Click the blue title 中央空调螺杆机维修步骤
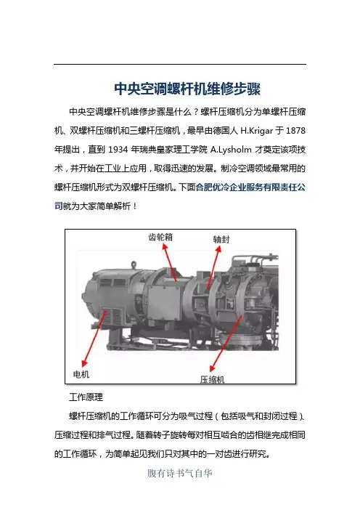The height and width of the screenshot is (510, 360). pos(187,89)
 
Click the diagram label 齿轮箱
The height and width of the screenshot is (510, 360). pos(160,237)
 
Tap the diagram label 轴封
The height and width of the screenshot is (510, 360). pos(221,240)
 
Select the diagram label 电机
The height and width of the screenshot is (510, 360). pos(81,374)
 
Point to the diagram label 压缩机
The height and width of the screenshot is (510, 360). pos(213,379)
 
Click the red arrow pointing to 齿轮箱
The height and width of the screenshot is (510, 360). pos(170,262)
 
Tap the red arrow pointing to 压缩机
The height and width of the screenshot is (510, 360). pos(226,344)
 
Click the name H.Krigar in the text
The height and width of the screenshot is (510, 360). pos(257,131)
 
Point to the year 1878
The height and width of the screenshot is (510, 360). pos(295,131)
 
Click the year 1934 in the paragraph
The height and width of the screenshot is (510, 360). pos(118,150)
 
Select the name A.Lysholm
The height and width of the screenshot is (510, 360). pos(231,150)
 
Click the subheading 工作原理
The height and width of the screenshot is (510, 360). pos(86,397)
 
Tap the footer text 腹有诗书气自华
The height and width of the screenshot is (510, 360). pos(180,473)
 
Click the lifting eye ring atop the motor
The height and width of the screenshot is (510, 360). pos(134,265)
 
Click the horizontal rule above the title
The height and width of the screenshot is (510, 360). pos(180,65)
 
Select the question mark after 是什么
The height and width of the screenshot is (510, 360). pos(196,112)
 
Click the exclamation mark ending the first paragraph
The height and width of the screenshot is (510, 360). pos(135,206)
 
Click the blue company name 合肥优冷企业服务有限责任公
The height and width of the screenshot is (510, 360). pos(250,187)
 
